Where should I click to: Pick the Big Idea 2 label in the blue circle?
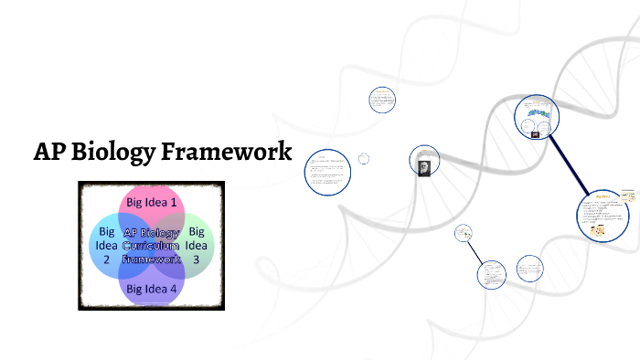pyautogui.click(x=106, y=245)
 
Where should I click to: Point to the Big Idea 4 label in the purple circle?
pyautogui.click(x=152, y=289)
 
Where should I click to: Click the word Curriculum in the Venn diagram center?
pyautogui.click(x=152, y=246)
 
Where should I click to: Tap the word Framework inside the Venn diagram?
pyautogui.click(x=152, y=259)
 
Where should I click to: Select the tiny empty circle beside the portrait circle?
pyautogui.click(x=364, y=159)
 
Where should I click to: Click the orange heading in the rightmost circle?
pyautogui.click(x=603, y=196)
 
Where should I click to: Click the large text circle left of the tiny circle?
pyautogui.click(x=327, y=172)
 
